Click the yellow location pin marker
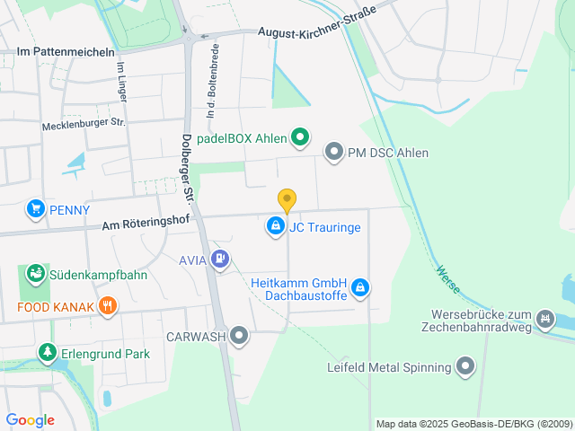(x=287, y=200)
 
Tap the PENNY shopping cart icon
(x=36, y=209)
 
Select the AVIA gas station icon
(x=221, y=260)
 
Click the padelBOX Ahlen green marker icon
(x=301, y=138)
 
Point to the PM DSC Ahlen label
(x=388, y=153)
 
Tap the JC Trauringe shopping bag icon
(x=276, y=227)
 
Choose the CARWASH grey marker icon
(x=239, y=337)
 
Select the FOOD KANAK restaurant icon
(x=108, y=306)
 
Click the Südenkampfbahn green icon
(x=36, y=273)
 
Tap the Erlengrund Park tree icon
(x=47, y=353)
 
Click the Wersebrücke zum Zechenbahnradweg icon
(x=544, y=319)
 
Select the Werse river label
(x=448, y=278)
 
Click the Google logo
(x=30, y=419)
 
